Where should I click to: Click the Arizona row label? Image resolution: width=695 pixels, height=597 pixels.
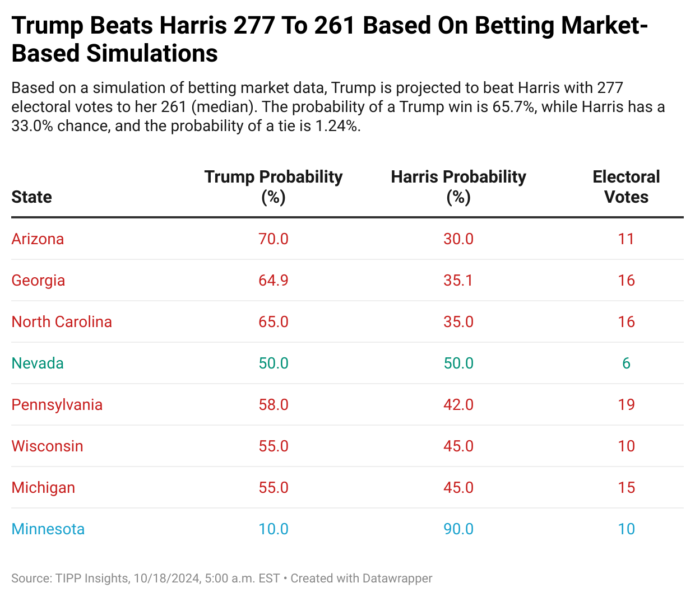click(x=38, y=239)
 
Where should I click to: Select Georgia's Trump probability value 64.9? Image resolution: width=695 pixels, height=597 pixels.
click(x=274, y=281)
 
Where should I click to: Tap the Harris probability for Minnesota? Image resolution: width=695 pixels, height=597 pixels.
click(x=458, y=529)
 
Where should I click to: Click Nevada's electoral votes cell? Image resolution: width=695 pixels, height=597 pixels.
click(x=626, y=363)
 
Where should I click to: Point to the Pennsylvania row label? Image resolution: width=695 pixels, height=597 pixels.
click(x=57, y=405)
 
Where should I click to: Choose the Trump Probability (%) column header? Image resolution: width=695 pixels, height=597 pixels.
click(x=274, y=186)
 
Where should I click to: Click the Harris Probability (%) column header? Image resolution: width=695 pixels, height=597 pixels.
click(x=458, y=186)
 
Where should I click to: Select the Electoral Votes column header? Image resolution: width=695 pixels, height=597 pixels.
click(x=626, y=186)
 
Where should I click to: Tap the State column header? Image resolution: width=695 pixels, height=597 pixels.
click(x=31, y=197)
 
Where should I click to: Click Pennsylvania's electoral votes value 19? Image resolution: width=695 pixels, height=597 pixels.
click(x=626, y=405)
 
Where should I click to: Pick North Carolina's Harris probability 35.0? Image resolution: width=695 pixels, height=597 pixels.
click(x=458, y=322)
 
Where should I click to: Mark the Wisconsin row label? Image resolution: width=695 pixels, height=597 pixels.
click(x=47, y=446)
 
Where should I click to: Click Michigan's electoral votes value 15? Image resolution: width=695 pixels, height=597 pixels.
click(x=626, y=488)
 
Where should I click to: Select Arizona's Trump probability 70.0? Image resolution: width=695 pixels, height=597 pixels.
click(x=274, y=239)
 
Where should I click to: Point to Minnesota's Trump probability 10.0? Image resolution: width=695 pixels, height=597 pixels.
click(x=274, y=529)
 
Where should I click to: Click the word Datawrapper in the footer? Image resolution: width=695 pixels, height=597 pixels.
click(x=397, y=579)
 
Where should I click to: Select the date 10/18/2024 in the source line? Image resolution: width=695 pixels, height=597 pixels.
click(x=166, y=579)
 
